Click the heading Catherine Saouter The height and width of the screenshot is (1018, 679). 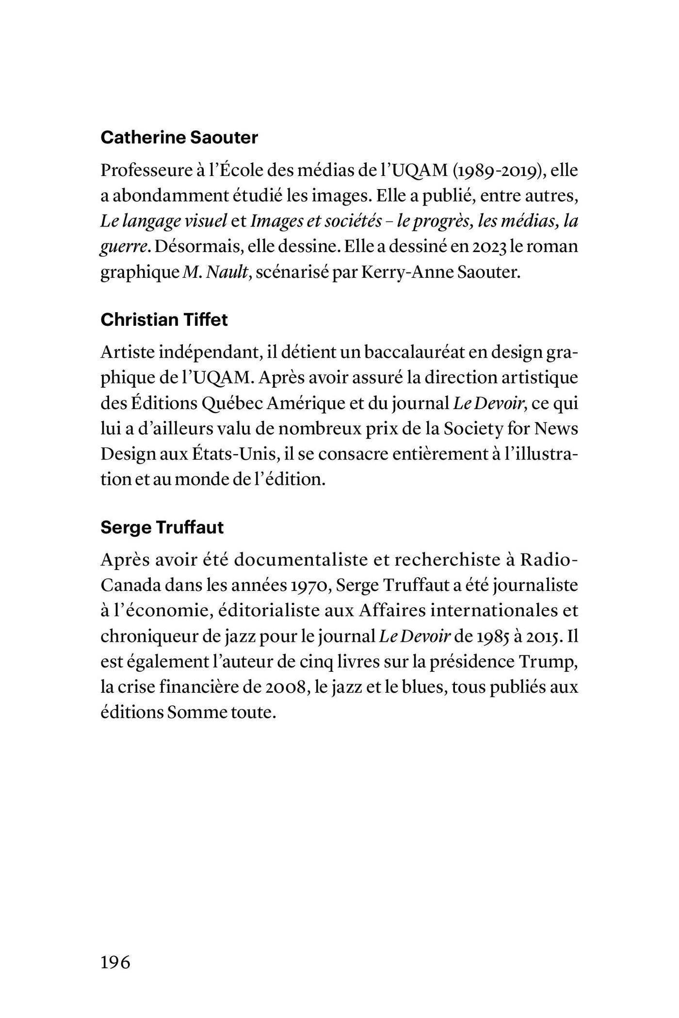click(179, 138)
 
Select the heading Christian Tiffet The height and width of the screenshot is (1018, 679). click(164, 320)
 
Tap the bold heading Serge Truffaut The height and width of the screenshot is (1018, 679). click(162, 527)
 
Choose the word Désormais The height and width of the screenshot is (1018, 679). click(197, 247)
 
